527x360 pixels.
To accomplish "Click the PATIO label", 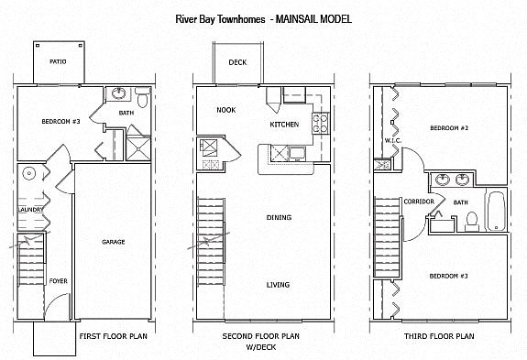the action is tap(58, 61).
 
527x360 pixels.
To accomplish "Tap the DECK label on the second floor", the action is tap(237, 62).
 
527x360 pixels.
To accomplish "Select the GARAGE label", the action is tap(114, 242).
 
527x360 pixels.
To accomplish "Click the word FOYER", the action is tap(58, 281).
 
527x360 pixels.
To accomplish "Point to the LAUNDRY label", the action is tap(30, 210).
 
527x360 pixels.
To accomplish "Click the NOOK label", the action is tap(226, 110).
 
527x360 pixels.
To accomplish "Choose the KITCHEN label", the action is tap(284, 125).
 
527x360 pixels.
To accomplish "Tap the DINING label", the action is tap(279, 218).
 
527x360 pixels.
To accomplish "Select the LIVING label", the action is tap(278, 285).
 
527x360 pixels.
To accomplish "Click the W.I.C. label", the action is tap(393, 141).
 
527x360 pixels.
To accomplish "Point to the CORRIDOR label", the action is tap(419, 202).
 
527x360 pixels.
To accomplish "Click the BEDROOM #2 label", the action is tap(449, 128).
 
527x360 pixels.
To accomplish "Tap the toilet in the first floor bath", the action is tap(142, 97).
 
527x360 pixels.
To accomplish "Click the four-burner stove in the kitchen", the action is tap(320, 124).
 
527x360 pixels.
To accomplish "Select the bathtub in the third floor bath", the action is tap(496, 211).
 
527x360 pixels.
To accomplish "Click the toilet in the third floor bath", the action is tap(472, 222).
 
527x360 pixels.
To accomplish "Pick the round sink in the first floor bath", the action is tap(118, 93).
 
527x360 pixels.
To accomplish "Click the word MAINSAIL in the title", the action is tap(297, 19).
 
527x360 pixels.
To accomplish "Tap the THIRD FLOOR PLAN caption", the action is tap(439, 336).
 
